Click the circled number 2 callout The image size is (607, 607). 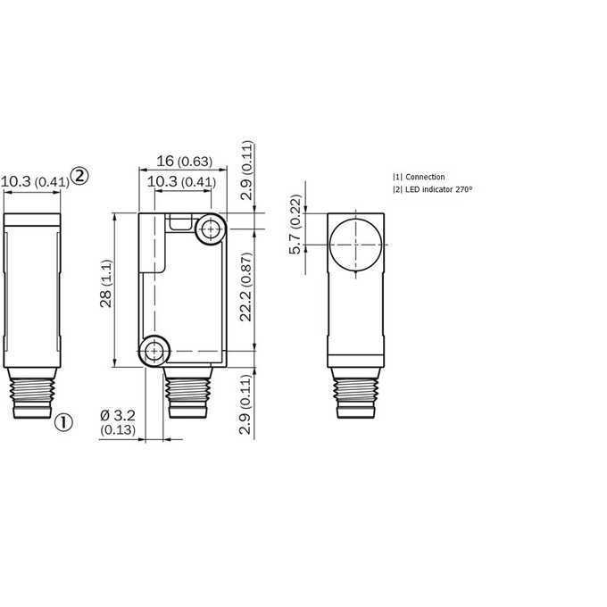(x=79, y=176)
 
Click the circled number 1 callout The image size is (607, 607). (x=63, y=422)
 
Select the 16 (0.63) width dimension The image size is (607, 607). (x=184, y=161)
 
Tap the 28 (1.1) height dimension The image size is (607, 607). (x=105, y=284)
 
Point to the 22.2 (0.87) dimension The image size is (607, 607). (x=245, y=287)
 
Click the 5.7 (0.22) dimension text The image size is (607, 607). (x=295, y=224)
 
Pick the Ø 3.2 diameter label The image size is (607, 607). (x=118, y=416)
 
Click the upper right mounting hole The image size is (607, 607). (x=211, y=229)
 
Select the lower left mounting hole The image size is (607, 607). (x=154, y=351)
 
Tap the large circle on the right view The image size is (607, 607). (x=356, y=245)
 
